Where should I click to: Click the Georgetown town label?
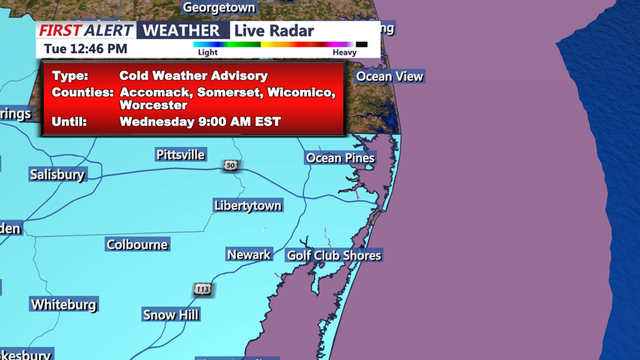(x=219, y=8)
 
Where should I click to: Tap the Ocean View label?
(x=389, y=76)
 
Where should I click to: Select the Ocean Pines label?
(x=340, y=158)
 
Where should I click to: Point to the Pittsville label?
(x=181, y=155)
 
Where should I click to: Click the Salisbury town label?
(x=57, y=174)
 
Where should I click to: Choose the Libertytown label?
(x=248, y=205)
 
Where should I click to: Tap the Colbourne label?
(x=137, y=245)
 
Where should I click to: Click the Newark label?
(x=248, y=255)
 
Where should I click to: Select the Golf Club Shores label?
(x=334, y=256)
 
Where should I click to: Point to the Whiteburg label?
(x=63, y=305)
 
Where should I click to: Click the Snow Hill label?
(x=171, y=315)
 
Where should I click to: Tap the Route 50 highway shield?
(x=230, y=166)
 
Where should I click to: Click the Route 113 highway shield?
(x=202, y=289)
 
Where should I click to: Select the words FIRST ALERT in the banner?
(x=86, y=30)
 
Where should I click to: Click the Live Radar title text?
(x=274, y=31)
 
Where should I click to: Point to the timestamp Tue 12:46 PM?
(x=86, y=49)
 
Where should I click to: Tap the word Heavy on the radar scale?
(x=344, y=53)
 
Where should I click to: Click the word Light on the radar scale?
(x=207, y=53)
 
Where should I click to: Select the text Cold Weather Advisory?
(x=194, y=76)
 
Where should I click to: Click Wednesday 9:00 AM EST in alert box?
(x=200, y=122)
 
